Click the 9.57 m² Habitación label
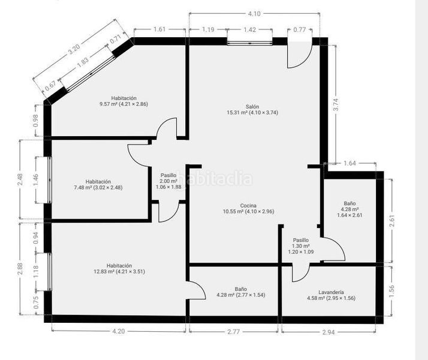click(x=124, y=101)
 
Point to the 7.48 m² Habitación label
click(x=98, y=185)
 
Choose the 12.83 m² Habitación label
click(x=119, y=268)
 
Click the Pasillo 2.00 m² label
click(x=168, y=181)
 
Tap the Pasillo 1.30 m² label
click(x=301, y=246)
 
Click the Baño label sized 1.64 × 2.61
click(x=349, y=209)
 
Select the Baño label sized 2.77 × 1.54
click(x=241, y=292)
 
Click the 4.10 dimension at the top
click(x=254, y=14)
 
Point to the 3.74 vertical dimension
click(x=336, y=104)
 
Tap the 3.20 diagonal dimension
click(x=74, y=50)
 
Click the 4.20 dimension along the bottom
click(x=119, y=331)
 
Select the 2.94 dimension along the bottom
click(x=328, y=332)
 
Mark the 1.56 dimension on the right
click(x=391, y=292)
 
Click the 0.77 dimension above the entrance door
click(x=300, y=29)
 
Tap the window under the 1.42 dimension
click(x=250, y=43)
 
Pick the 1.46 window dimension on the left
click(x=36, y=180)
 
